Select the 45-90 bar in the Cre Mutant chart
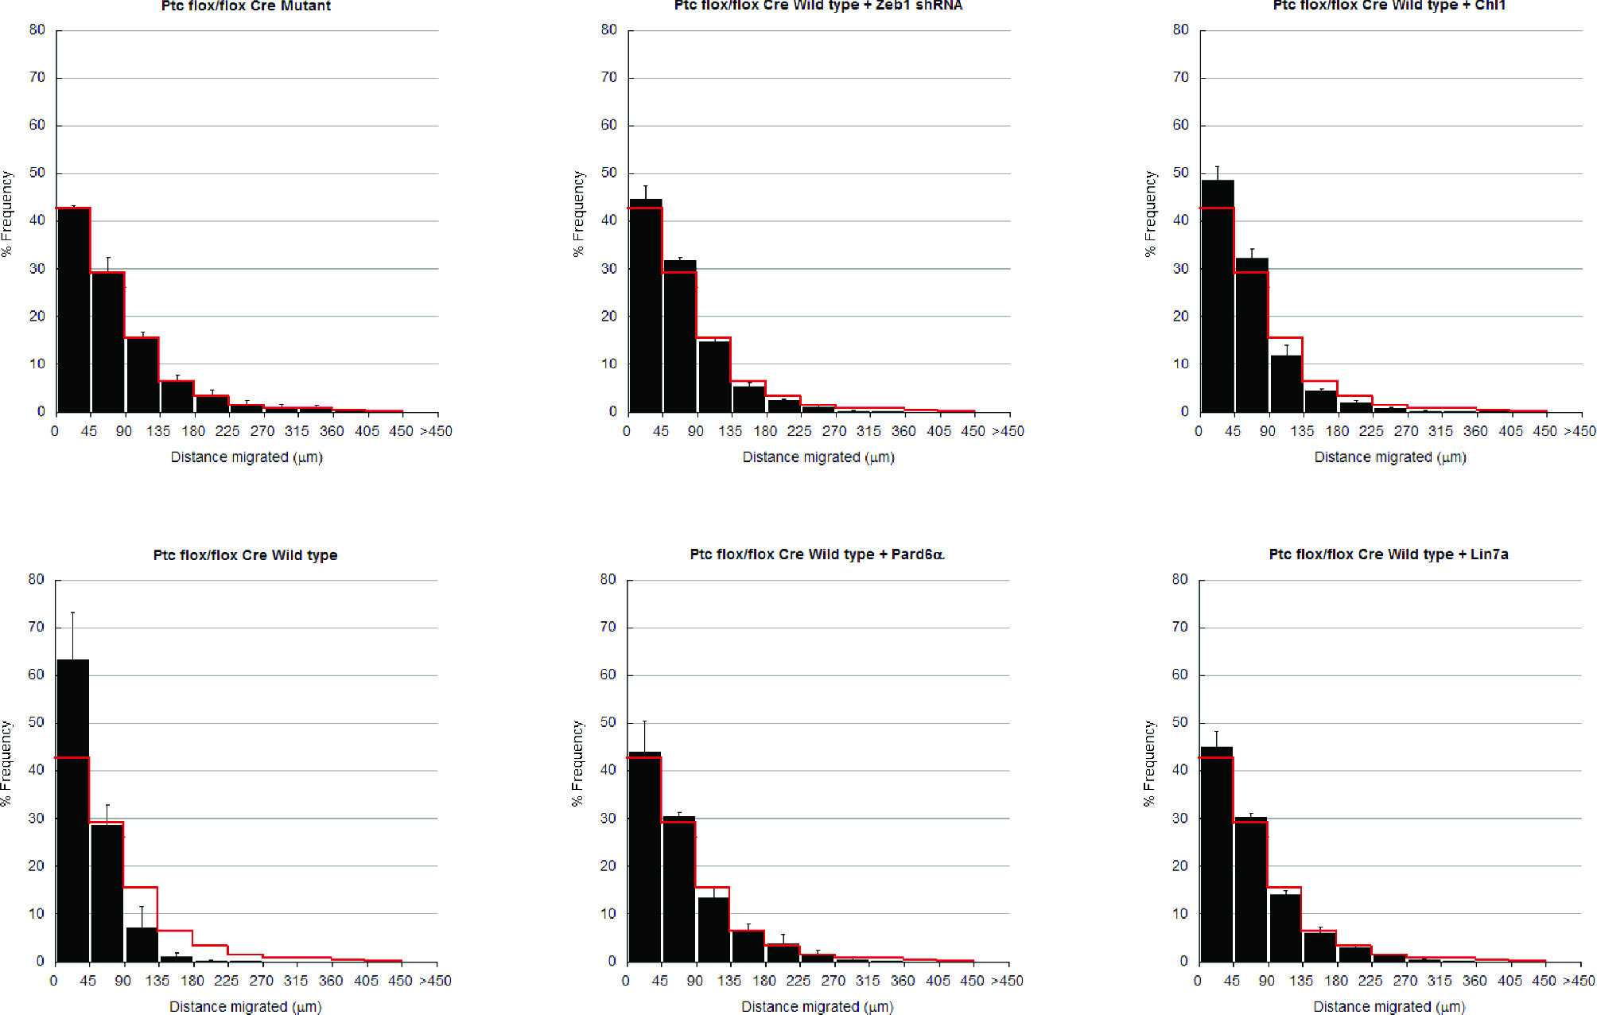[x=108, y=342]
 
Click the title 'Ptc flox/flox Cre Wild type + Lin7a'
[x=1388, y=554]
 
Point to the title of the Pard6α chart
[x=817, y=554]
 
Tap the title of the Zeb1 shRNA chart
[x=818, y=6]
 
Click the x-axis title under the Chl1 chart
[x=1389, y=457]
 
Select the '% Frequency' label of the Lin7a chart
[x=1148, y=764]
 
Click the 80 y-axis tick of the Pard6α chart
[x=608, y=580]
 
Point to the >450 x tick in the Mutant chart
[x=436, y=431]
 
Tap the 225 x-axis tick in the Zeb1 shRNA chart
[x=799, y=431]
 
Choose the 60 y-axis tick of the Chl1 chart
[x=1180, y=125]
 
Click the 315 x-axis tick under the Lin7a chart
[x=1440, y=981]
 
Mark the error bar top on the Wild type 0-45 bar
[x=72, y=612]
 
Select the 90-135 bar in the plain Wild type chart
[x=142, y=944]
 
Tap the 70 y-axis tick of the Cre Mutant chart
[x=37, y=77]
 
